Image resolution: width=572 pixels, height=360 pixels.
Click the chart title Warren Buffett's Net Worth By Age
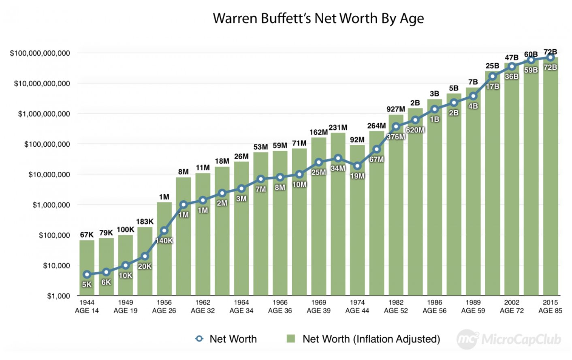point(318,19)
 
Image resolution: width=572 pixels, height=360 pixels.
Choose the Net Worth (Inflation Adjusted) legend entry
point(363,339)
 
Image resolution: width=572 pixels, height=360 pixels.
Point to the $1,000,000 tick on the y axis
point(51,205)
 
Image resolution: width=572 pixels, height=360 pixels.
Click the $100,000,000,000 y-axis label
point(40,53)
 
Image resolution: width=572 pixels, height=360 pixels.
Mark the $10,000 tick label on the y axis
point(56,266)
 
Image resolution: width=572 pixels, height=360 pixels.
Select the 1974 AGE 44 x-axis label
point(357,306)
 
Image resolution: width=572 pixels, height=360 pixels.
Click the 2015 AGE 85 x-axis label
point(550,306)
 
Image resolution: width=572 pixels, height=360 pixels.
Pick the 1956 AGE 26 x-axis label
point(164,306)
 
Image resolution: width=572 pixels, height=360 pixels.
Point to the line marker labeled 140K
point(164,231)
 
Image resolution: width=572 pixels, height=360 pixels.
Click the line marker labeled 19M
point(357,166)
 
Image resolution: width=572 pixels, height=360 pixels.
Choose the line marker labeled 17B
point(492,76)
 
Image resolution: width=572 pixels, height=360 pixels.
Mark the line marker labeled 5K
point(87,274)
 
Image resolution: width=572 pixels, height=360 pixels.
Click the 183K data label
point(145,222)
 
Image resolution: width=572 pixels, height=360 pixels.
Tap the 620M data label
point(415,130)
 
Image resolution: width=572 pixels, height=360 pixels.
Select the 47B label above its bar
point(512,58)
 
